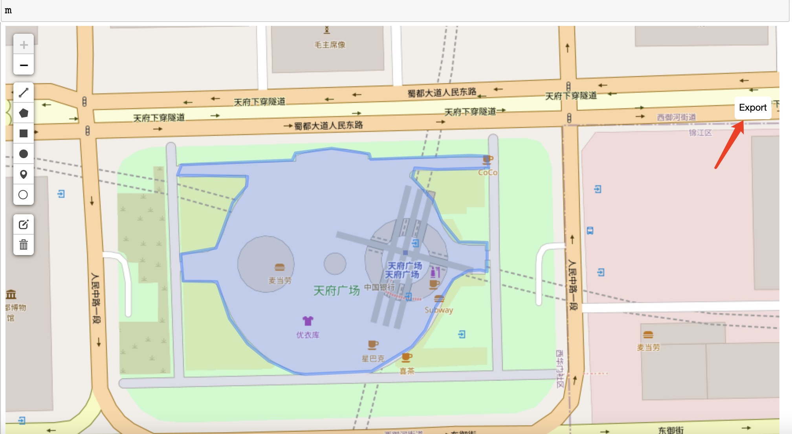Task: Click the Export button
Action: [x=752, y=108]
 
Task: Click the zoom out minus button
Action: [x=24, y=65]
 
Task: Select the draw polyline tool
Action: [x=24, y=93]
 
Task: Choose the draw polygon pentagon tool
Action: [x=24, y=113]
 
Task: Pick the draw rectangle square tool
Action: [x=24, y=133]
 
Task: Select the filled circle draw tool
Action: [x=24, y=154]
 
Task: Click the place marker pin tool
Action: [x=24, y=174]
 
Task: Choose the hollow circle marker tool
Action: [x=24, y=195]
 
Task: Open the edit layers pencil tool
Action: [x=24, y=224]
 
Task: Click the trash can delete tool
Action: [x=24, y=245]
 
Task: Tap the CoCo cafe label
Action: [x=488, y=172]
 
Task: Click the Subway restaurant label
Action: [x=439, y=310]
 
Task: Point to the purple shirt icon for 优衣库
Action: [x=308, y=321]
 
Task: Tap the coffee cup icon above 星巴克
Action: [x=373, y=345]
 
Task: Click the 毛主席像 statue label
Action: [x=330, y=45]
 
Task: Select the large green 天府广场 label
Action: [x=336, y=291]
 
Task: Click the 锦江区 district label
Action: [x=700, y=133]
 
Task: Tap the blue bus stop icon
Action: [x=590, y=231]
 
